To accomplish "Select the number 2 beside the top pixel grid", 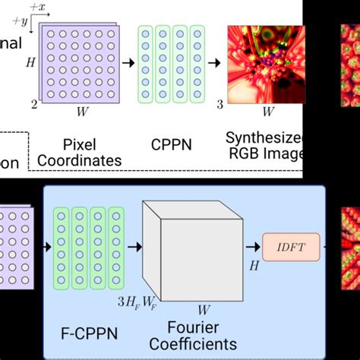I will click(33, 104).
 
